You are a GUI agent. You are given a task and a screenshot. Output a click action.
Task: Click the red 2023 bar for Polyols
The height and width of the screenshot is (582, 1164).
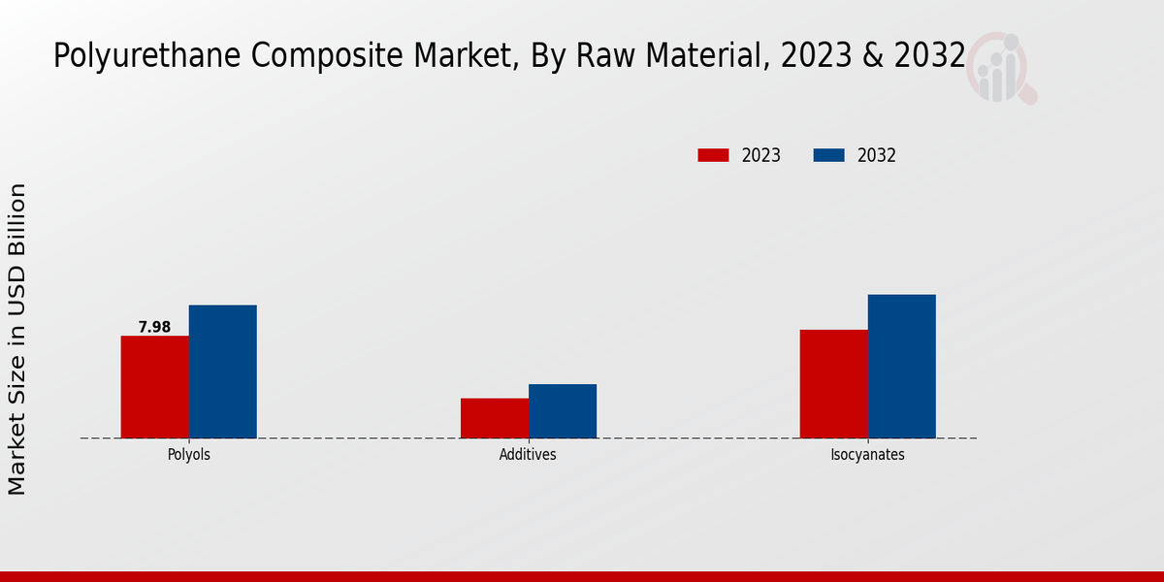pyautogui.click(x=155, y=387)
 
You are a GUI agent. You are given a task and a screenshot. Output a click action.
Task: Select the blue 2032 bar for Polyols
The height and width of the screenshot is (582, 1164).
pyautogui.click(x=223, y=372)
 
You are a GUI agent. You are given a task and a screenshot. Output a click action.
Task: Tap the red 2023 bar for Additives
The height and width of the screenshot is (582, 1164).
pyautogui.click(x=495, y=418)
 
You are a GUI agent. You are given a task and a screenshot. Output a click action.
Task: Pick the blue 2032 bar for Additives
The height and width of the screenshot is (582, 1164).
pyautogui.click(x=563, y=411)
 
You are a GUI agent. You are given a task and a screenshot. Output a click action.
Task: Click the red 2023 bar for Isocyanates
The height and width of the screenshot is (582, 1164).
pyautogui.click(x=834, y=384)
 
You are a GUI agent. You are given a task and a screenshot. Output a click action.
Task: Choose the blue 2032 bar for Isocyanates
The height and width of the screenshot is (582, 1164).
pyautogui.click(x=902, y=367)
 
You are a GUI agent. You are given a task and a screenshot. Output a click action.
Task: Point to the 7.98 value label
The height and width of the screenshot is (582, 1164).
pyautogui.click(x=154, y=327)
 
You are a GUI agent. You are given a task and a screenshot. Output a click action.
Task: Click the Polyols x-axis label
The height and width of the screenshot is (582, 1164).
pyautogui.click(x=189, y=454)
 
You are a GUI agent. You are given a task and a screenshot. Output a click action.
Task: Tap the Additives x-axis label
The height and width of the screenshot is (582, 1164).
pyautogui.click(x=528, y=454)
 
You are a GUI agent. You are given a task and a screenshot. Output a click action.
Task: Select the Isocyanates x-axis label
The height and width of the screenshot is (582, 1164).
pyautogui.click(x=867, y=454)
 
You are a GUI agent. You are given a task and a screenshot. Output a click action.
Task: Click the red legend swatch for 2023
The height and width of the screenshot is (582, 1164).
pyautogui.click(x=713, y=155)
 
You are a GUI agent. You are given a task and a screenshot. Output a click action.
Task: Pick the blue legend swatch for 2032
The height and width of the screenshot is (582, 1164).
pyautogui.click(x=828, y=155)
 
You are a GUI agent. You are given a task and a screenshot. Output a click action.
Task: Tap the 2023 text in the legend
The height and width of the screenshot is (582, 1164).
pyautogui.click(x=761, y=155)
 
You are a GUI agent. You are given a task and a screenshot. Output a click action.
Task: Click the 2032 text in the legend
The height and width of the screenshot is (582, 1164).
pyautogui.click(x=877, y=155)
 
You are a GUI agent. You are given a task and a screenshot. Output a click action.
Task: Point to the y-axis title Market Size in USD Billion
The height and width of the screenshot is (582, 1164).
pyautogui.click(x=17, y=339)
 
